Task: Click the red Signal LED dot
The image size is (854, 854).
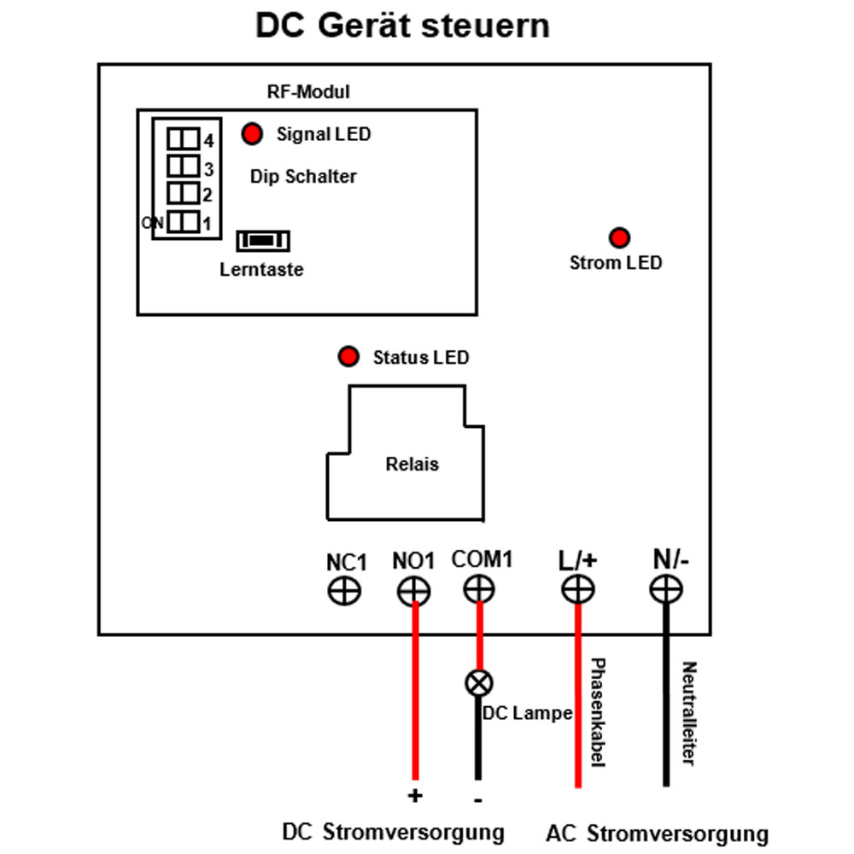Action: (252, 133)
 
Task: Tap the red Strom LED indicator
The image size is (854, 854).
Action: (619, 237)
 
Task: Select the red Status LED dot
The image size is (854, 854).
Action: (348, 356)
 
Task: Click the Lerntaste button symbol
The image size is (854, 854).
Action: (263, 241)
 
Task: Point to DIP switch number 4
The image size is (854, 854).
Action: (183, 139)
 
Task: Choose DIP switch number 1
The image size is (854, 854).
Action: (183, 222)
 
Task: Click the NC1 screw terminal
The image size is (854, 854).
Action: (344, 591)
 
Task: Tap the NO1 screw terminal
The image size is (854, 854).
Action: (414, 591)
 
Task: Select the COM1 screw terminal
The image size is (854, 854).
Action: (479, 589)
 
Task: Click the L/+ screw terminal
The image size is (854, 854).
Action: (578, 589)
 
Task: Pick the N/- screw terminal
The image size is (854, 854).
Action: (666, 589)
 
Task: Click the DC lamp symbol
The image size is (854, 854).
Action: (479, 683)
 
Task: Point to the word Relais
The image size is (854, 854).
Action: (412, 464)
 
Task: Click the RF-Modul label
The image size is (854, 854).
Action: (308, 91)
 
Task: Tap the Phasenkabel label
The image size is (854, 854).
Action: (598, 712)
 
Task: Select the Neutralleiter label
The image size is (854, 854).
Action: (689, 713)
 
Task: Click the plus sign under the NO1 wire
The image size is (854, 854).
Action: (415, 796)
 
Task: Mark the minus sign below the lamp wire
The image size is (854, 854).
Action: (477, 800)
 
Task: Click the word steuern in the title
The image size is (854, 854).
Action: (486, 26)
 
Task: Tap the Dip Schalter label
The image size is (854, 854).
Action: (303, 177)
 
